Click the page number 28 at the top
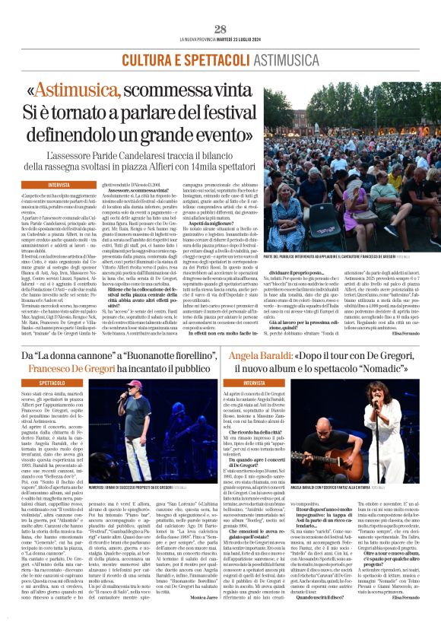click(220, 29)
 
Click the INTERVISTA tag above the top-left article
click(60, 185)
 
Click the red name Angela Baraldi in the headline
click(251, 354)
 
